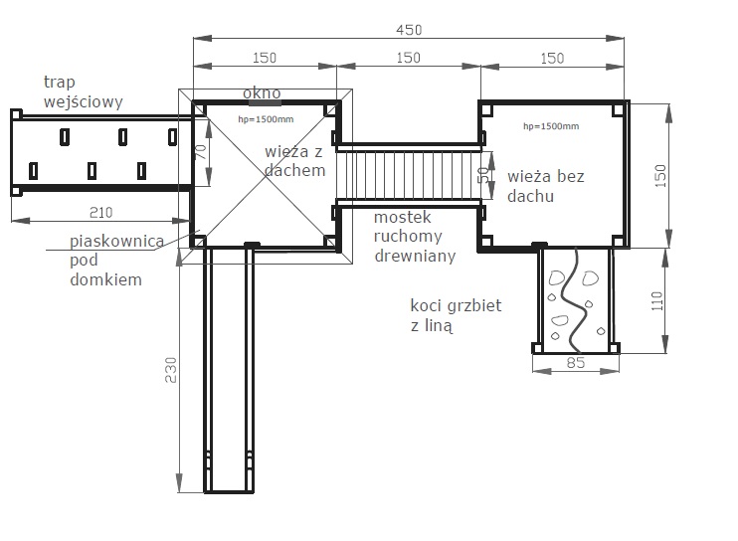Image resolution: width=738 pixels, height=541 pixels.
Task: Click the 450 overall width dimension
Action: click(x=409, y=30)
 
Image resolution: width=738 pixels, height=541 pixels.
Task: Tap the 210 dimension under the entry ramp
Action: click(x=100, y=213)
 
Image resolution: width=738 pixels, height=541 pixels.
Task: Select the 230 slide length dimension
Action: click(x=170, y=370)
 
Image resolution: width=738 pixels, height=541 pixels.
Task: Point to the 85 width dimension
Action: click(x=576, y=363)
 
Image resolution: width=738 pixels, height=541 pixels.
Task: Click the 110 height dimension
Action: click(x=657, y=300)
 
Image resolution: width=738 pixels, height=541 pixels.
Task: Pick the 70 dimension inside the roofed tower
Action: click(x=201, y=152)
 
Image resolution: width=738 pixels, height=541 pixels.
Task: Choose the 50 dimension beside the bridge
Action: click(x=484, y=175)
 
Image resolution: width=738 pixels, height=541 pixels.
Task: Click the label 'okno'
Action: click(x=262, y=92)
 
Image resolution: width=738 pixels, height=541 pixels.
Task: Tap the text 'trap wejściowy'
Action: click(x=84, y=91)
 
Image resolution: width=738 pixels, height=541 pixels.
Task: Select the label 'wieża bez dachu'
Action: click(x=546, y=186)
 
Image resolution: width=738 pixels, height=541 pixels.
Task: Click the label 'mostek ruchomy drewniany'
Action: click(x=415, y=236)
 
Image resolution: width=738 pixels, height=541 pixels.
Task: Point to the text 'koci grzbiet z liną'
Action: click(x=456, y=315)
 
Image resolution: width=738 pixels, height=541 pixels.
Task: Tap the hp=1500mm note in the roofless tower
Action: click(x=551, y=126)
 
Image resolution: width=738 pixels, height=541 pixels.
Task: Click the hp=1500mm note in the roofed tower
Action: click(x=266, y=119)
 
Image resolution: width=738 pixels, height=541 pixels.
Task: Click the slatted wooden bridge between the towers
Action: click(x=409, y=175)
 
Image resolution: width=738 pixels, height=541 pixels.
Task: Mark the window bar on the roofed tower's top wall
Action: click(x=265, y=102)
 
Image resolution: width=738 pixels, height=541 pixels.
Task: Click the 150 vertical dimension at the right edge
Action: click(x=660, y=175)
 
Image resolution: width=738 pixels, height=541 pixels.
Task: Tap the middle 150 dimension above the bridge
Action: click(x=408, y=58)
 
